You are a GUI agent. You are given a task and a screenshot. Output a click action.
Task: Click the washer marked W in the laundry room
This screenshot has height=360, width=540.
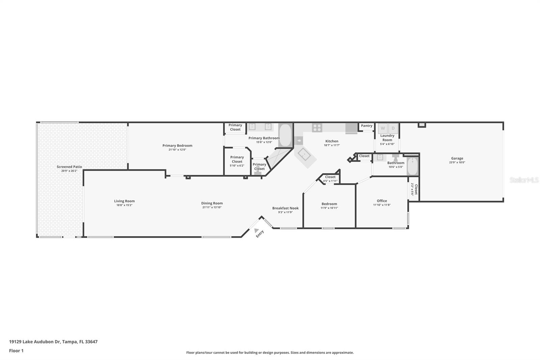(x=383, y=128)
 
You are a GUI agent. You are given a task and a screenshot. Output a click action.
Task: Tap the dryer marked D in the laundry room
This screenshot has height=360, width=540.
(x=393, y=128)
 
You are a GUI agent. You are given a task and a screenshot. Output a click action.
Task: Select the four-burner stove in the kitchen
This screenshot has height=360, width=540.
(x=317, y=128)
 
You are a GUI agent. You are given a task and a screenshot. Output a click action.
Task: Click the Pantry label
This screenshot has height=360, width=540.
(x=367, y=126)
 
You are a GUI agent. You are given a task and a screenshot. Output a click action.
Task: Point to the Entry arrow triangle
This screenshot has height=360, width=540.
(x=256, y=230)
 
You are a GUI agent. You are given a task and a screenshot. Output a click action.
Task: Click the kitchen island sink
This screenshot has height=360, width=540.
(x=304, y=154)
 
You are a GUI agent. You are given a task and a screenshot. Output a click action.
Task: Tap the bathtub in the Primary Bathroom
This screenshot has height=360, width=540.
(x=285, y=135)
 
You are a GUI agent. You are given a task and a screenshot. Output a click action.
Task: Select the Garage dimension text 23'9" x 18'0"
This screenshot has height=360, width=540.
(x=457, y=162)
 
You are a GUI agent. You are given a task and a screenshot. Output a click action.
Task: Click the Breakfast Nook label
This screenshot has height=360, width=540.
(x=286, y=208)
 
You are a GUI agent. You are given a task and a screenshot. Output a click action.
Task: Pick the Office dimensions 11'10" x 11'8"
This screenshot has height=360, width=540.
(x=382, y=205)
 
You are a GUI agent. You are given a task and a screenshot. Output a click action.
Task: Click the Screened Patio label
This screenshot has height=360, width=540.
(x=69, y=167)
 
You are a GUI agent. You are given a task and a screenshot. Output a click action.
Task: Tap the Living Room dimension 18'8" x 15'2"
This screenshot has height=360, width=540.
(x=125, y=205)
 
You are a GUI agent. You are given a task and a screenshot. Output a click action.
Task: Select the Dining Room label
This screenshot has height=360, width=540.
(x=212, y=203)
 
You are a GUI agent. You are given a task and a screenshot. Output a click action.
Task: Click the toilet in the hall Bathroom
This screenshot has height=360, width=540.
(x=395, y=158)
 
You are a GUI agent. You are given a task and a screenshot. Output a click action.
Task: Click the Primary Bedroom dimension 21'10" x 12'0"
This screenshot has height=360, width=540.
(x=177, y=150)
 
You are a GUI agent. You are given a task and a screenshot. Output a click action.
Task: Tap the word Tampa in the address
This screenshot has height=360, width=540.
(x=70, y=342)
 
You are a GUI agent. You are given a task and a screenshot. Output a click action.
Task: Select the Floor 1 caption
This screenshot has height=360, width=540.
(x=16, y=351)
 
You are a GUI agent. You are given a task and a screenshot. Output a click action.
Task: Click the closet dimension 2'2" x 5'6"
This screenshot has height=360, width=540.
(x=412, y=189)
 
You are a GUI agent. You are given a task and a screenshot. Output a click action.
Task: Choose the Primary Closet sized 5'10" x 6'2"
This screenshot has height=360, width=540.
(x=237, y=161)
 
